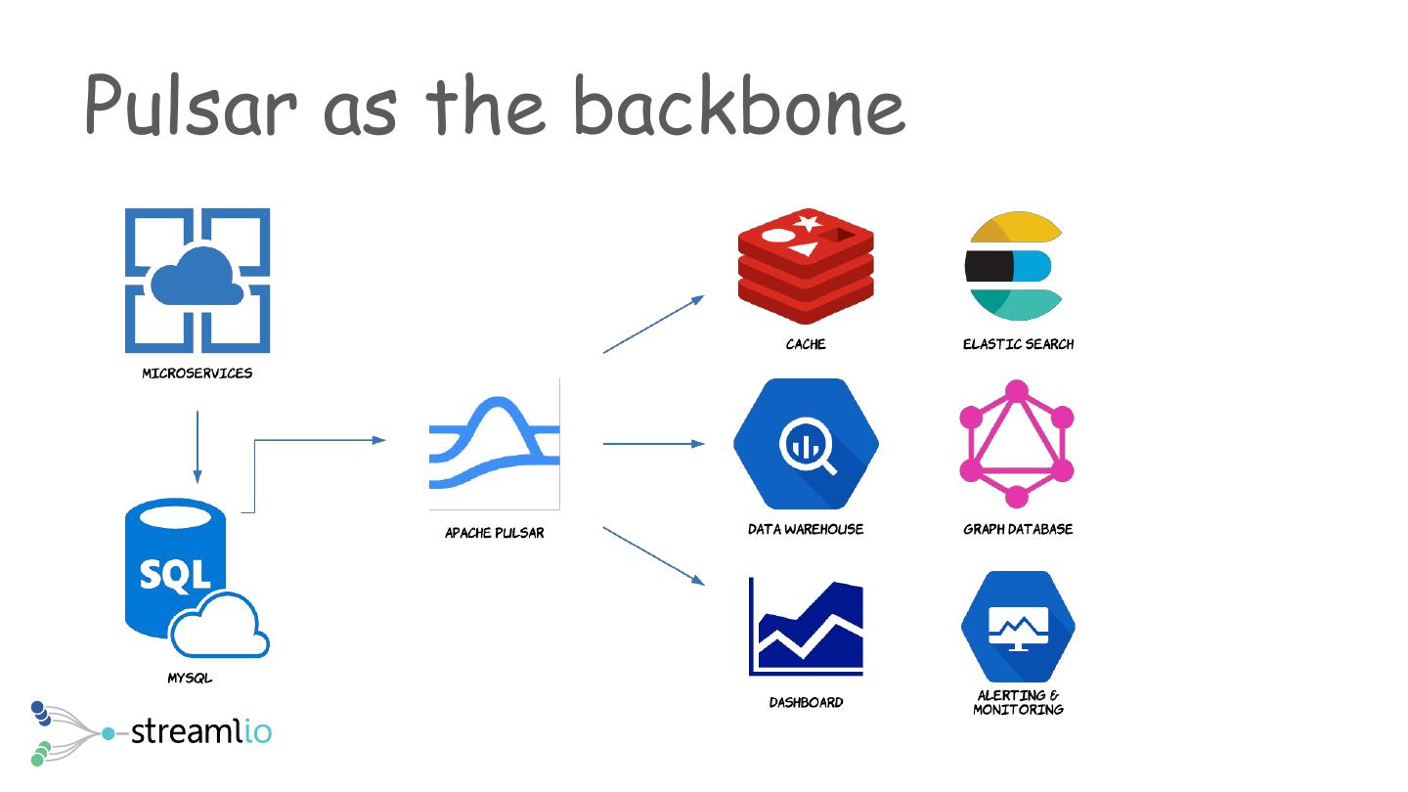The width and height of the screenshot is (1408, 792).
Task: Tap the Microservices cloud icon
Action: coord(198,280)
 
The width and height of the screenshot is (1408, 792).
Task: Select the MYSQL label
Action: coord(190,678)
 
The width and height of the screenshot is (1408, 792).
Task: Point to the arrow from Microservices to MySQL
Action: coord(198,446)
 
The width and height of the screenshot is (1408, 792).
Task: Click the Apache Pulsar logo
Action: coord(495,444)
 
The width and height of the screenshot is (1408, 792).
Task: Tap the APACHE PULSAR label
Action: coord(495,533)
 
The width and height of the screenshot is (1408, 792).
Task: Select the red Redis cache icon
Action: coord(806,265)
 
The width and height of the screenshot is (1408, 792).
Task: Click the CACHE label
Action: coord(806,344)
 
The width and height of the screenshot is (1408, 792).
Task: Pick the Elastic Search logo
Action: coord(1014,265)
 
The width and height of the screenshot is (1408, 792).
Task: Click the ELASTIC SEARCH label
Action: coord(1018,344)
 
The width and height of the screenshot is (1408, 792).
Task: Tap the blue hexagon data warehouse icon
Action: coord(806,444)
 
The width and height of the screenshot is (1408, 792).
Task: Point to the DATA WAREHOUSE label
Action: coord(806,529)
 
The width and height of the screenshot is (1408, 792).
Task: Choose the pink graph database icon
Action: coord(1017,444)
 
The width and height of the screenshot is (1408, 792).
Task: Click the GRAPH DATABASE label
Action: coord(1018,529)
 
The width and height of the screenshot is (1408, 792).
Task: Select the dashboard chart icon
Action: coord(807,627)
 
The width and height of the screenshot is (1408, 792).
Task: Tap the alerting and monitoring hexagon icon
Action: coord(1018,627)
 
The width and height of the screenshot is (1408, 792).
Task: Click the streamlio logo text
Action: coord(200,730)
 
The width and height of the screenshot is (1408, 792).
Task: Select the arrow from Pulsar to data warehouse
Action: coord(653,444)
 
